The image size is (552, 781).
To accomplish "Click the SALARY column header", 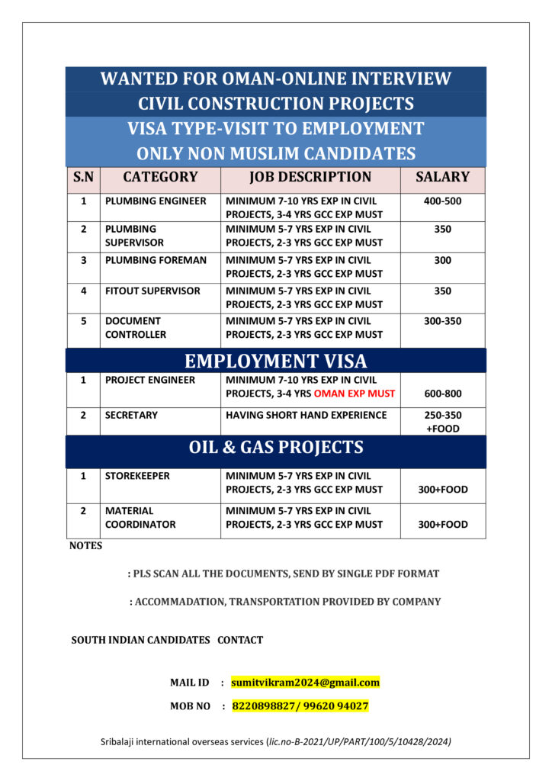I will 442,177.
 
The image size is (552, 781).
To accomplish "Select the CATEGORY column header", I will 160,177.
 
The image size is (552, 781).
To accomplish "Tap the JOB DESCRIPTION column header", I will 310,177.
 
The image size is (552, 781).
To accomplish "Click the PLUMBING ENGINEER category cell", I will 156,201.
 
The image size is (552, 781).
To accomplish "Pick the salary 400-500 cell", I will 442,201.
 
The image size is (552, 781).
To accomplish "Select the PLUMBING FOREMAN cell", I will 156,260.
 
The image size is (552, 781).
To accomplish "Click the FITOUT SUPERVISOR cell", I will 152,291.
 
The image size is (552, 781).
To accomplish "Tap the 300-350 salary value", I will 442,321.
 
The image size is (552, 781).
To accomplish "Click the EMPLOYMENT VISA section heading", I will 275,361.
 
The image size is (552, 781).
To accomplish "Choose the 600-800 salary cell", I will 442,394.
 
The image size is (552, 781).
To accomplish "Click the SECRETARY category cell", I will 131,415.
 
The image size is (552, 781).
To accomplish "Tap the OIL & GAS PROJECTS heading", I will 275,448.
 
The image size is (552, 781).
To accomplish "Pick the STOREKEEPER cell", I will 137,476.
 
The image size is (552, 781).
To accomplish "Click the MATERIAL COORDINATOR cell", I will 140,517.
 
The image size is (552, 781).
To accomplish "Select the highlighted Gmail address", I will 305,682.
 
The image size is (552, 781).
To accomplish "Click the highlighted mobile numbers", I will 300,706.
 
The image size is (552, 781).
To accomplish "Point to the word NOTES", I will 85,545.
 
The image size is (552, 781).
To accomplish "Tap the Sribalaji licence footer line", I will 275,741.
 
